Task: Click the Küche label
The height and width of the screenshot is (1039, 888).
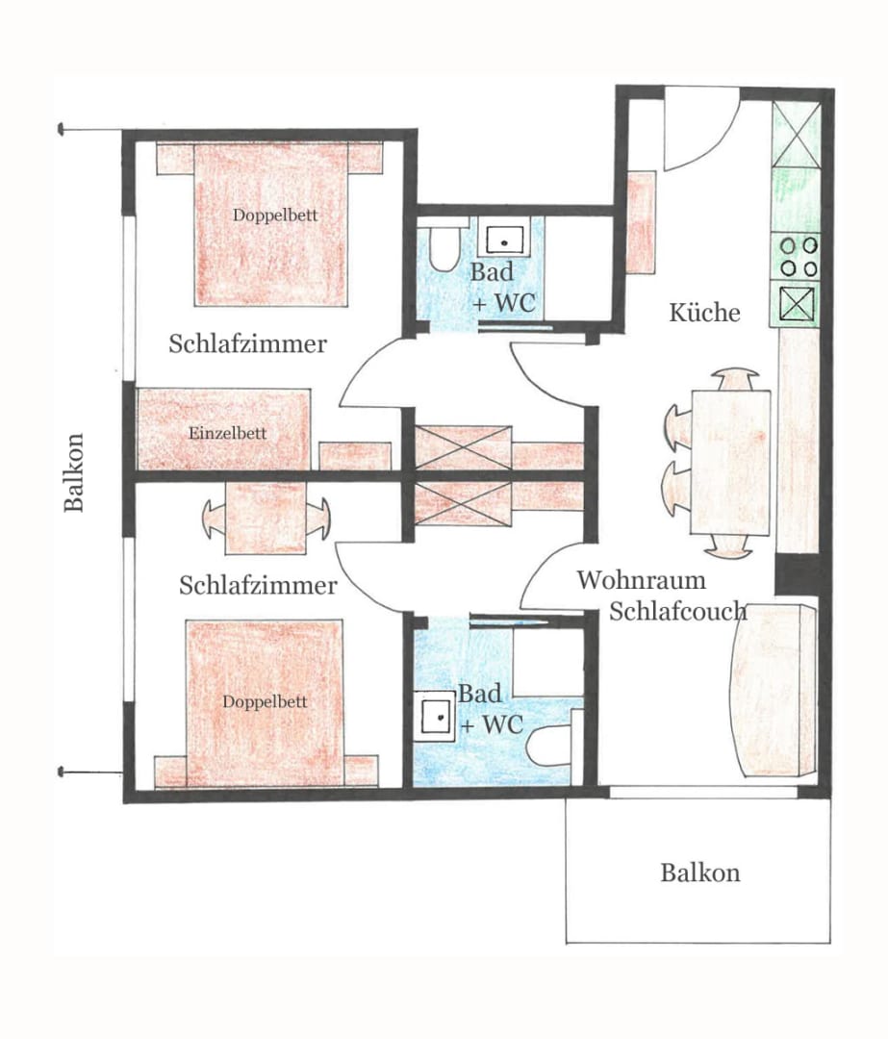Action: (704, 313)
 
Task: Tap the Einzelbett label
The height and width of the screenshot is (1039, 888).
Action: (227, 433)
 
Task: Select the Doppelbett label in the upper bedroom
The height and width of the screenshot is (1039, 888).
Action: (275, 215)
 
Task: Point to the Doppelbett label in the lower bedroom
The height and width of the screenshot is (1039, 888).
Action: (265, 701)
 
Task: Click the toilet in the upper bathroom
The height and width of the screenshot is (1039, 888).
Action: (443, 249)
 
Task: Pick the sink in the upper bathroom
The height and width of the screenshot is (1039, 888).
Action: (504, 236)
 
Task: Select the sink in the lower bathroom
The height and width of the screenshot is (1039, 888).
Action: (435, 716)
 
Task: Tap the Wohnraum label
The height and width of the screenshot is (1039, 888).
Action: (641, 580)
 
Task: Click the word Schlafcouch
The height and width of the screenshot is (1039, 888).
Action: (678, 612)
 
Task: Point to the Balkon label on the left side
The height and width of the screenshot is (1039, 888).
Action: (73, 472)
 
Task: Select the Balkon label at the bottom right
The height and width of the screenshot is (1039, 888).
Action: (700, 873)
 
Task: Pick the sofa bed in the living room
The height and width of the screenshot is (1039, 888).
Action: (773, 690)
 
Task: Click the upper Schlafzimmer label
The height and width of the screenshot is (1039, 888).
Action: (247, 343)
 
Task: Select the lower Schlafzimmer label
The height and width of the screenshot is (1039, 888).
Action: (258, 585)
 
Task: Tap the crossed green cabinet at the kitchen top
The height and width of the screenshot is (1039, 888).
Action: (797, 135)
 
